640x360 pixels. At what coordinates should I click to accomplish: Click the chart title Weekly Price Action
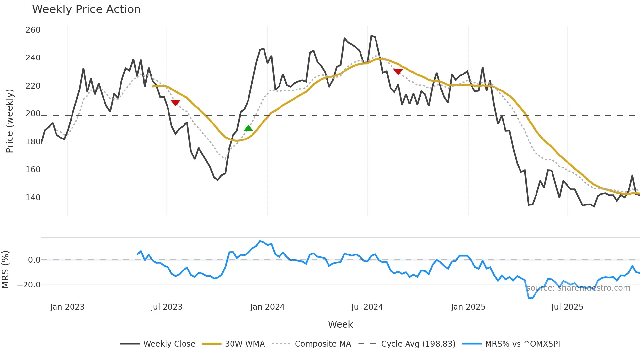(86, 9)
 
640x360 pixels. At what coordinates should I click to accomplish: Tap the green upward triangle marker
(248, 128)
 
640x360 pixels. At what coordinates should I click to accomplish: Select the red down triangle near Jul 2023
(175, 103)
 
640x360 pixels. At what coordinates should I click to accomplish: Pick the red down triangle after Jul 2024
(398, 72)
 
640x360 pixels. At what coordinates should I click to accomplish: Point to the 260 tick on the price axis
(33, 30)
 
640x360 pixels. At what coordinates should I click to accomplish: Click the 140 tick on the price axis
(33, 197)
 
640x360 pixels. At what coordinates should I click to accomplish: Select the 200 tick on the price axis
(33, 114)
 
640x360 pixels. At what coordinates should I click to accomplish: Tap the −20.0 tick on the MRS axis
(29, 285)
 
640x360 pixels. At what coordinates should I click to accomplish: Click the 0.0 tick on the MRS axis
(34, 260)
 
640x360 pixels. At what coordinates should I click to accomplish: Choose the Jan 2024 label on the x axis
(267, 307)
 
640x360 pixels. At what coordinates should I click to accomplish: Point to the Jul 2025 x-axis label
(567, 307)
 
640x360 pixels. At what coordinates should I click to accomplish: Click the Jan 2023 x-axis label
(67, 307)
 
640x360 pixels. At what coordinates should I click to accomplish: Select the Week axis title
(340, 324)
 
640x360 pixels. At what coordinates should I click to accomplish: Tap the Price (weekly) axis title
(9, 121)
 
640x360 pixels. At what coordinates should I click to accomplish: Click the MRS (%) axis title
(5, 270)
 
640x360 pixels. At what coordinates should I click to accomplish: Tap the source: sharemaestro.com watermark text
(578, 288)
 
